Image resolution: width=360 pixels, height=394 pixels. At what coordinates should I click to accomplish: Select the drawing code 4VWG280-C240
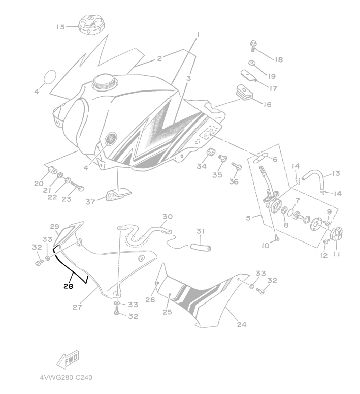pos(66,378)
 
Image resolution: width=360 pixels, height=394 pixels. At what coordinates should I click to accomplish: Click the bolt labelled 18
pos(253,47)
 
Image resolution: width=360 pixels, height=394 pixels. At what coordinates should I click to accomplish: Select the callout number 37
pos(91,202)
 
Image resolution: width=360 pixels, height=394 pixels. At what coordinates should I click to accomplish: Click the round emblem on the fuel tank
pos(112,138)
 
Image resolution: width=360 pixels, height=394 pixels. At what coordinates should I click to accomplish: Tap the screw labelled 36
pos(235,166)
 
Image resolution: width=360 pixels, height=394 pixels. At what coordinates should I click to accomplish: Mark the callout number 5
pos(248,218)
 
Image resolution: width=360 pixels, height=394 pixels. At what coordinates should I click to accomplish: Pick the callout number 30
pos(168,217)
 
